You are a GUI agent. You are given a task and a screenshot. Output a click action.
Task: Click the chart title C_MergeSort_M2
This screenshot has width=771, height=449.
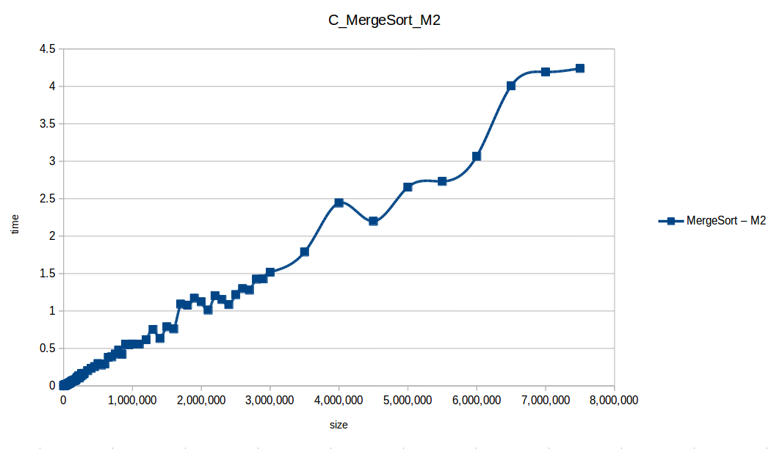384,21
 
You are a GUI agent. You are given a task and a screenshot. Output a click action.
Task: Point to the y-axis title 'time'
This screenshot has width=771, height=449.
15,224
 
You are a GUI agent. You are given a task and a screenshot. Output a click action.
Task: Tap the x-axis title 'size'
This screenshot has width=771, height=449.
339,425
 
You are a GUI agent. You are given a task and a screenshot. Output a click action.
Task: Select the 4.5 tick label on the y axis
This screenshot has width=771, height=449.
48,49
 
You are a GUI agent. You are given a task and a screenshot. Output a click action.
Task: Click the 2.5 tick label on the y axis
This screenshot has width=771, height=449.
48,199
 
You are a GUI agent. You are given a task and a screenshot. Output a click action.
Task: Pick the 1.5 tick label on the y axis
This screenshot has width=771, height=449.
48,274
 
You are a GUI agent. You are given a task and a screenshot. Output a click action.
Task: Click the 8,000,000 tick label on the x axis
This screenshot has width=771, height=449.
614,400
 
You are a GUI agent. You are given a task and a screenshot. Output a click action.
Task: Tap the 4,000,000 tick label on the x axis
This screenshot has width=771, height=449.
339,400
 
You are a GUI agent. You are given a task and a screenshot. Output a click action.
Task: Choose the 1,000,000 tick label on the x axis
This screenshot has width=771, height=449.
132,400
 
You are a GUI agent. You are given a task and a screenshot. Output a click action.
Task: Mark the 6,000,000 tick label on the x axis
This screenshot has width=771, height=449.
477,400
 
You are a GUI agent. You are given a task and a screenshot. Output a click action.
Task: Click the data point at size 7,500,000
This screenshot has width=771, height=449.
580,68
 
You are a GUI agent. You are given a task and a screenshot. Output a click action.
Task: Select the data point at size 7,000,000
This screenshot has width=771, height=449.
546,72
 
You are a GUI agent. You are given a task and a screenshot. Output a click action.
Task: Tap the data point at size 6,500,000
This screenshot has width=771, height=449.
511,86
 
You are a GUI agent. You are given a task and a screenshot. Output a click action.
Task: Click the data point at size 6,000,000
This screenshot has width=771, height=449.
477,156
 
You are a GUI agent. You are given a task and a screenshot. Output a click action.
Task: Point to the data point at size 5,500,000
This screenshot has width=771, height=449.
442,181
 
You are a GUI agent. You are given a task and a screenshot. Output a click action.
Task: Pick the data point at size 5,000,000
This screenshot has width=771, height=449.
408,187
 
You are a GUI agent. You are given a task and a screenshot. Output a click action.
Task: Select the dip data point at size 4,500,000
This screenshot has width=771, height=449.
373,221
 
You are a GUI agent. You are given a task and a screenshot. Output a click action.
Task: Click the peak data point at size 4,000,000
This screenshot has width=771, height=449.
339,202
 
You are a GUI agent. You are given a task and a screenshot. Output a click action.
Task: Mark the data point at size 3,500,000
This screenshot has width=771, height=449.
305,252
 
